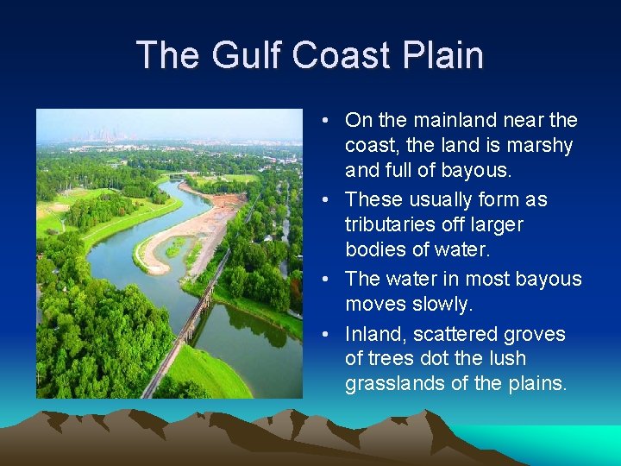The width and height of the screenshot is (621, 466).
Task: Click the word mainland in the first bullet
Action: (x=449, y=121)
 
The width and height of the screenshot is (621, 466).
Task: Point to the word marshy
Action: (x=540, y=146)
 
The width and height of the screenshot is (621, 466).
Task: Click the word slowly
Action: (x=445, y=304)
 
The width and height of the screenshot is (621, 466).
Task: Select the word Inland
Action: (x=370, y=334)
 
